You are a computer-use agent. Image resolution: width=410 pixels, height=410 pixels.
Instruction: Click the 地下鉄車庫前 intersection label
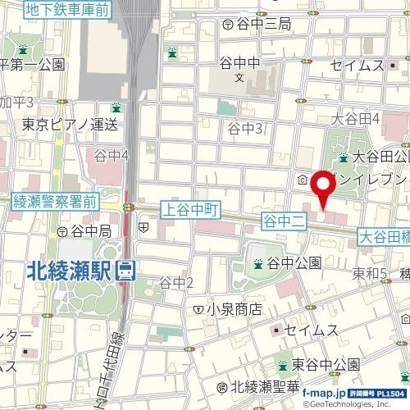(x=69, y=11)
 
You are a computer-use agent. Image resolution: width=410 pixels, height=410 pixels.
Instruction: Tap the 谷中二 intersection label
(x=284, y=220)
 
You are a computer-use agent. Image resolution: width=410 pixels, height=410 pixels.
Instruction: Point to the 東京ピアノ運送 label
(x=70, y=125)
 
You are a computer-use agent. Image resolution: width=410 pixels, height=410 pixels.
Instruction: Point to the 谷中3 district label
(x=244, y=128)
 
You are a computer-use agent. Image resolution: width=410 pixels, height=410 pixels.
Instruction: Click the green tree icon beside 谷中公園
(x=258, y=263)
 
